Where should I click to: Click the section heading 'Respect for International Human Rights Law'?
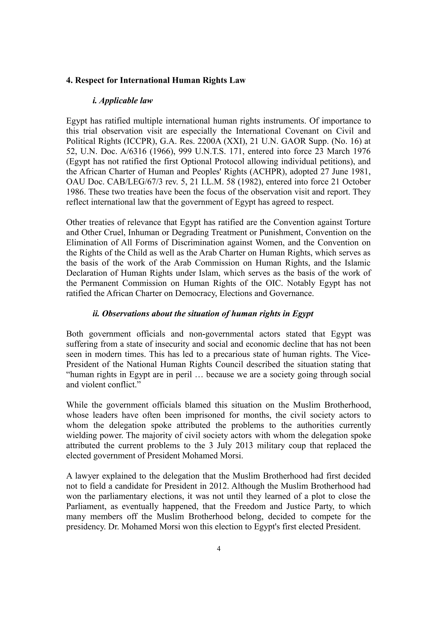(x=160, y=80)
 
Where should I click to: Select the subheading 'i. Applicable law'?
(x=122, y=101)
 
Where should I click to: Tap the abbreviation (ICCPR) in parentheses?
(x=140, y=141)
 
